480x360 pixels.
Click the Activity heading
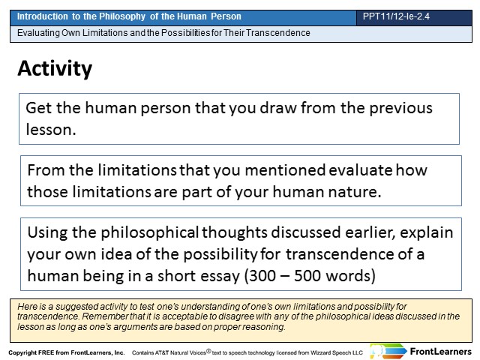pos(55,68)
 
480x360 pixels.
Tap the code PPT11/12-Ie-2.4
pos(396,16)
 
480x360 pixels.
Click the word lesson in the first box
pos(51,130)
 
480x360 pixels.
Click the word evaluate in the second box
pos(360,170)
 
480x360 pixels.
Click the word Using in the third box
pos(47,233)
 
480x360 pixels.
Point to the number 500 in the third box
pos(307,276)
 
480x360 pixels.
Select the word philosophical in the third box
pos(150,232)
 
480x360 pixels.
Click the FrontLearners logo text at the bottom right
pos(440,352)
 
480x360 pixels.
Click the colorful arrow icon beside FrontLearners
pos(388,351)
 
